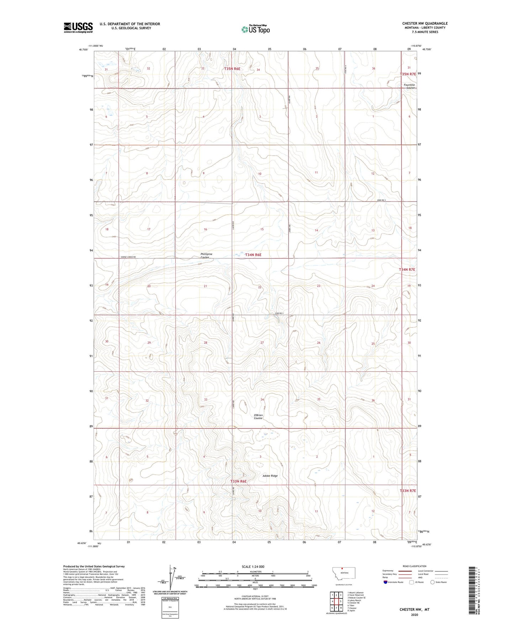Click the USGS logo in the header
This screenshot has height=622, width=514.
point(78,27)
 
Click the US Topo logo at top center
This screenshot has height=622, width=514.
point(255,29)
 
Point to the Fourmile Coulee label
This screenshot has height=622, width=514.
point(409,86)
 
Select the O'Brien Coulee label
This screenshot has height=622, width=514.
point(258,416)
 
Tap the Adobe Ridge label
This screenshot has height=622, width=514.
point(270,476)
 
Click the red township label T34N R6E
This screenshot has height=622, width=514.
point(253,255)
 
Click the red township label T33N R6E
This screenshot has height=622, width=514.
point(238,481)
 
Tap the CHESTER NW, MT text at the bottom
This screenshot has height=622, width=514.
point(414,610)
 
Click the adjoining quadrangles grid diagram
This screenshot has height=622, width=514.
point(336,602)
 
